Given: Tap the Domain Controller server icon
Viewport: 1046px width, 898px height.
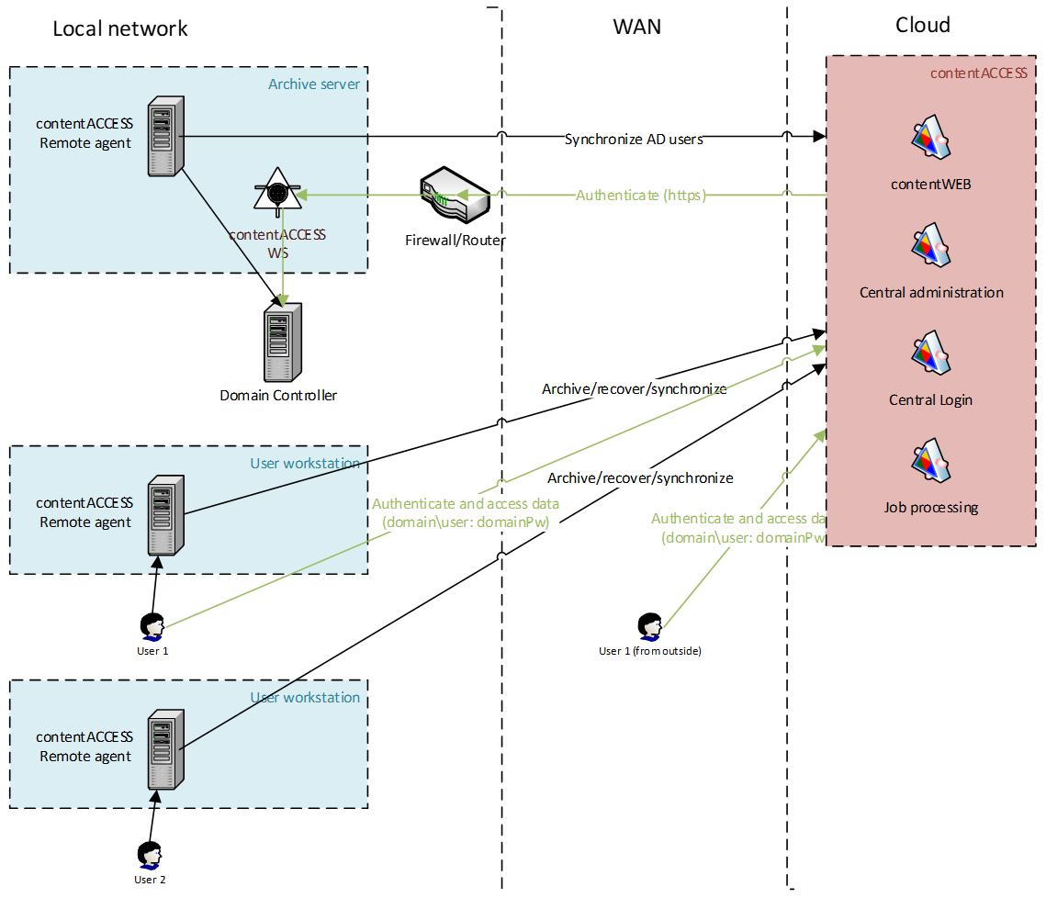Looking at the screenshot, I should [x=278, y=345].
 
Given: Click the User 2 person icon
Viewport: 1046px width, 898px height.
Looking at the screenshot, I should [x=149, y=855].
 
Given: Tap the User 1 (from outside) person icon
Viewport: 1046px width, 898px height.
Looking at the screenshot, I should [x=650, y=626].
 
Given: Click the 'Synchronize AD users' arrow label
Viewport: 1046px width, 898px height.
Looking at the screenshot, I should [x=634, y=140].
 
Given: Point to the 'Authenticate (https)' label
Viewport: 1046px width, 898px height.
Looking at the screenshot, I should [x=640, y=195].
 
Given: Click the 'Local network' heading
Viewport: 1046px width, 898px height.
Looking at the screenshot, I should [x=120, y=28].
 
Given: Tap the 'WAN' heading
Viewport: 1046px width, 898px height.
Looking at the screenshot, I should [x=637, y=27].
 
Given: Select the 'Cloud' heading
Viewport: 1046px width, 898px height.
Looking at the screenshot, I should [x=922, y=26].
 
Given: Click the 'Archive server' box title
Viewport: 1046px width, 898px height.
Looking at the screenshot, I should [x=314, y=84].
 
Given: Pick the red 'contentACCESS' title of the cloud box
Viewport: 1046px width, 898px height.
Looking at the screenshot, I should [x=978, y=73].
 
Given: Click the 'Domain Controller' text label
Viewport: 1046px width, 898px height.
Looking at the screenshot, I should [x=278, y=396].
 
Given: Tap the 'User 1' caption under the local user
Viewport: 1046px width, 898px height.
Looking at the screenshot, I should [x=152, y=651].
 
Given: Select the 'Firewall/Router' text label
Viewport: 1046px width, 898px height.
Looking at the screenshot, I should [x=456, y=241].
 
